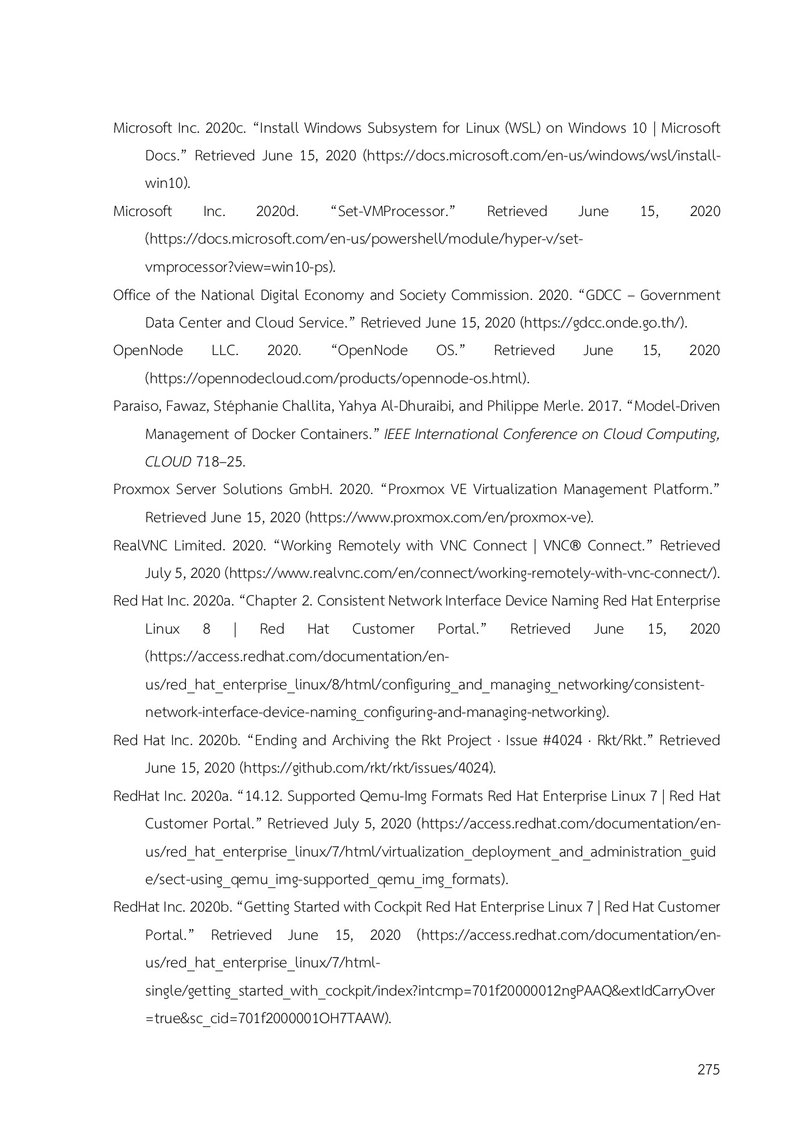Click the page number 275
(x=708, y=1069)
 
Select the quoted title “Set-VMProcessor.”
(x=393, y=212)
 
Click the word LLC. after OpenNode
(x=225, y=351)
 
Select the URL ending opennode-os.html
(x=336, y=379)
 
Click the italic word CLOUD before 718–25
(x=168, y=462)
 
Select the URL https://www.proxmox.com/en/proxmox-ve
(x=449, y=518)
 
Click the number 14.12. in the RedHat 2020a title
(x=264, y=796)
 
